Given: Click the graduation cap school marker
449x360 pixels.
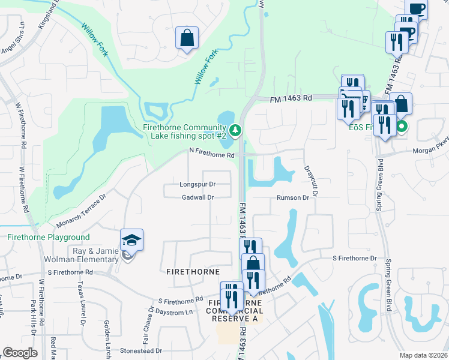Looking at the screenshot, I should [x=131, y=241].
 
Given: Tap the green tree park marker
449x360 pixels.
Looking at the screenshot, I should [x=236, y=129].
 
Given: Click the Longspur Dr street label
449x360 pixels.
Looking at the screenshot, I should [x=197, y=184].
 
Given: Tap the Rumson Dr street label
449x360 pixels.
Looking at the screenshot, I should [x=292, y=197].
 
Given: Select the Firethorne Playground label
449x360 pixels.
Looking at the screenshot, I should [x=49, y=238].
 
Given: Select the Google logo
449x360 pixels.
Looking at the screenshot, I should [x=20, y=353].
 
